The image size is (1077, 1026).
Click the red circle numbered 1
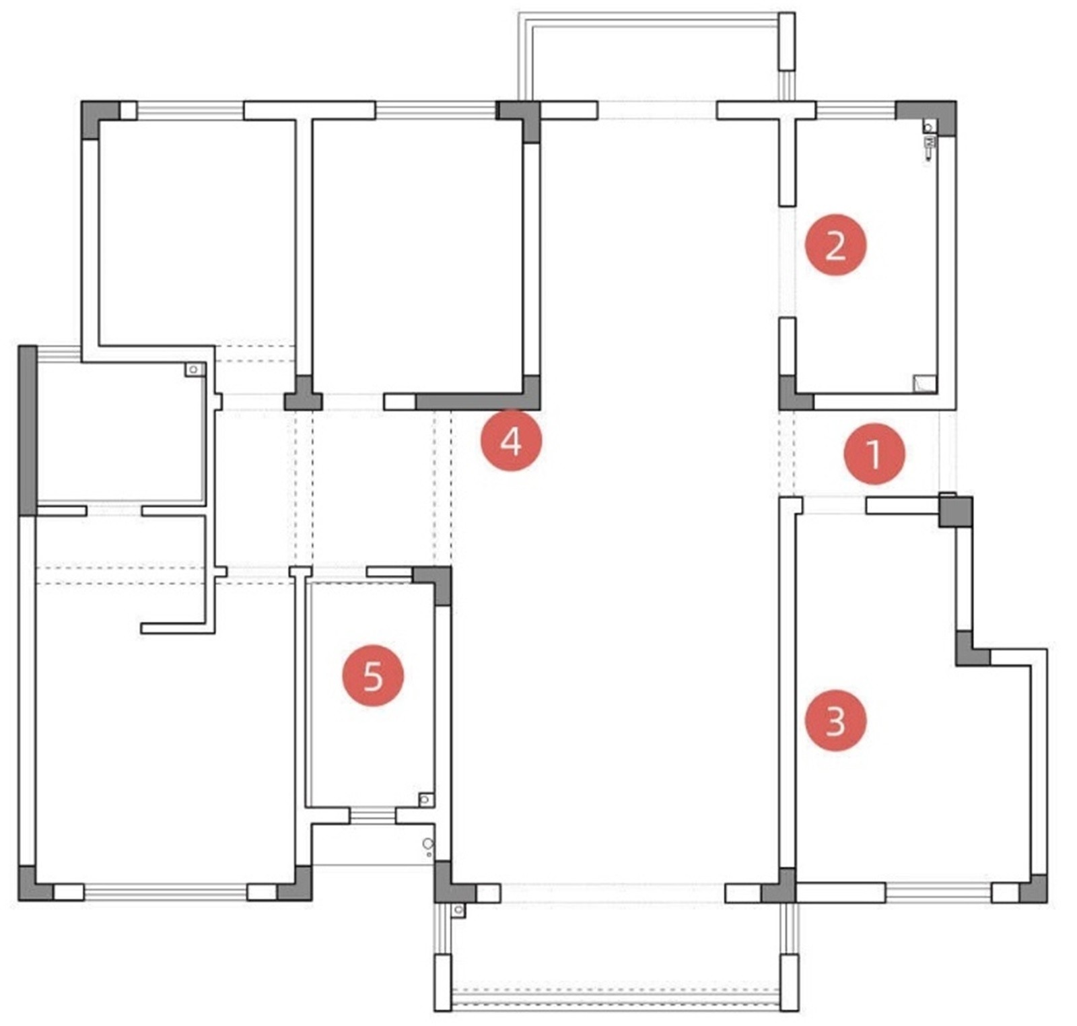(874, 453)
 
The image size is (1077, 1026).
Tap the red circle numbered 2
(835, 244)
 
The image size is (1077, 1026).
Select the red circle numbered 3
(835, 720)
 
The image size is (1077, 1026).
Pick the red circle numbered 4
(510, 441)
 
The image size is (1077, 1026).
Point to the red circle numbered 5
(373, 675)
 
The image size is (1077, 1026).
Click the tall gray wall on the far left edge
(27, 431)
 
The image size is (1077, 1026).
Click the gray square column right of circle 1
(956, 512)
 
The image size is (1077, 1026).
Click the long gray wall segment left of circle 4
(471, 402)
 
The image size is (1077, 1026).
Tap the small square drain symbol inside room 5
(425, 799)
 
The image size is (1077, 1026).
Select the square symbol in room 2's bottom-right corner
(924, 383)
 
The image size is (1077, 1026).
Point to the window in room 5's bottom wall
(372, 815)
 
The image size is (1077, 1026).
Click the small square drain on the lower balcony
(458, 910)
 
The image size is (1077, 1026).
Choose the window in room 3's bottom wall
(938, 892)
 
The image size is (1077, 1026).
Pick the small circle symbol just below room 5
(427, 844)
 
